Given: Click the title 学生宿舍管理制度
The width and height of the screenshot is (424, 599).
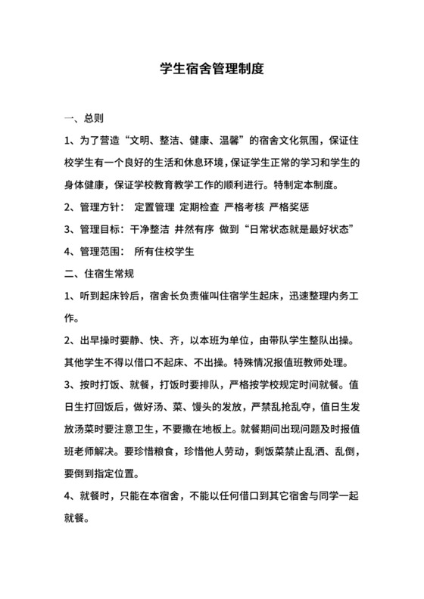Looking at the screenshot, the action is (x=212, y=69).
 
